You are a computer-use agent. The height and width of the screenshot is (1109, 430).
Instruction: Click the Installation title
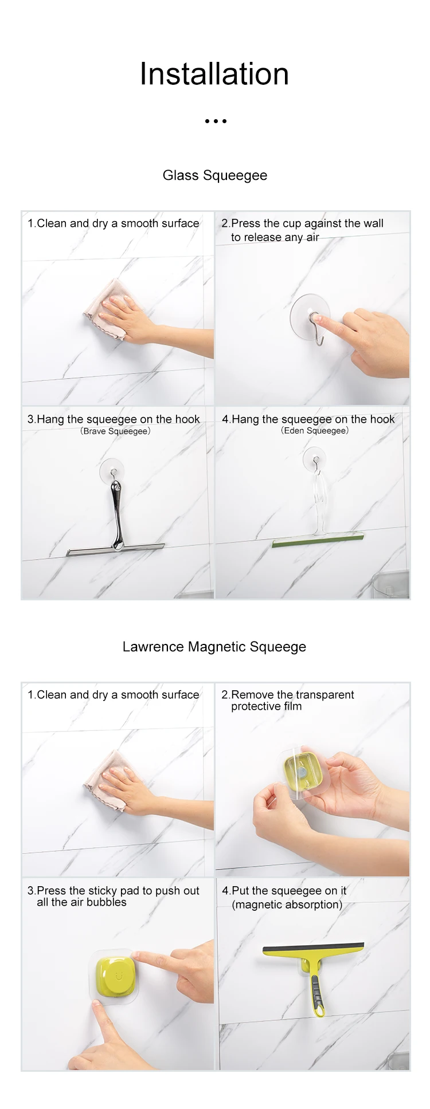pyautogui.click(x=214, y=74)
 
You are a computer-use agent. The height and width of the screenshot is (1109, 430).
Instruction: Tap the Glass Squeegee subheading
pyautogui.click(x=215, y=175)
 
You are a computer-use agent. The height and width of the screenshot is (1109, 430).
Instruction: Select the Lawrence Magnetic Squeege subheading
pyautogui.click(x=214, y=647)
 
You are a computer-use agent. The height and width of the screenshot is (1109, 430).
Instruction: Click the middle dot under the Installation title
pyautogui.click(x=216, y=121)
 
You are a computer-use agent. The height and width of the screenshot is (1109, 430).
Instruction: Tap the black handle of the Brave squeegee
pyautogui.click(x=117, y=514)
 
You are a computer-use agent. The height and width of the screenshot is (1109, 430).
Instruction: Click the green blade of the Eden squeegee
pyautogui.click(x=318, y=540)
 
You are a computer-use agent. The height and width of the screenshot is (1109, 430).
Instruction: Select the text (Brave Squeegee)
pyautogui.click(x=115, y=431)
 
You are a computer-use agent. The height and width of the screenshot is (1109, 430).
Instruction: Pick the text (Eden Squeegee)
pyautogui.click(x=315, y=430)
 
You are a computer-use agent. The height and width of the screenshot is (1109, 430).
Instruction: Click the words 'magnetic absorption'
pyautogui.click(x=287, y=904)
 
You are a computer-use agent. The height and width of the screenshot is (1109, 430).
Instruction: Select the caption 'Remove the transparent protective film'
pyautogui.click(x=288, y=701)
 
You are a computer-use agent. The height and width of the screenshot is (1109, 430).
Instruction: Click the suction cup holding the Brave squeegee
pyautogui.click(x=112, y=470)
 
